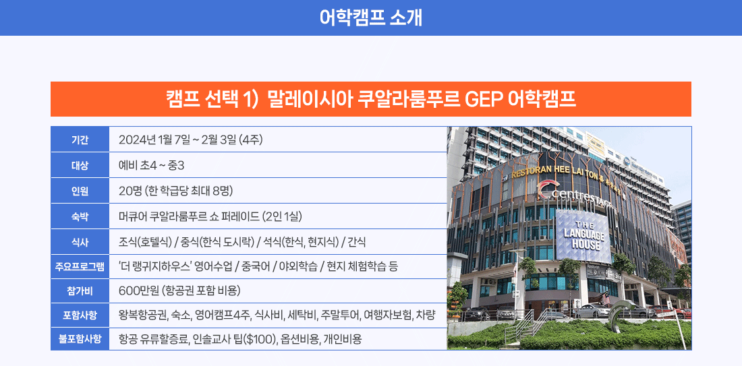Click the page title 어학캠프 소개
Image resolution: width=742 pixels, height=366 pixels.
pos(370,18)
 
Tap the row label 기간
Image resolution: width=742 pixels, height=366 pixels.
pos(80,140)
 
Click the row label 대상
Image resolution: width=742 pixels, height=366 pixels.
pos(80,165)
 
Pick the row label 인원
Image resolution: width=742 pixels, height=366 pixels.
pos(80,191)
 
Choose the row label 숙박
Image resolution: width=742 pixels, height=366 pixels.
pos(80,216)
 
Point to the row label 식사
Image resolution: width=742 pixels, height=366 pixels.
pos(80,242)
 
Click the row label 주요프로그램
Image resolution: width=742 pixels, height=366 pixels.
pos(80,267)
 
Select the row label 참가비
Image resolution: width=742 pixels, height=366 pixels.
pos(80,290)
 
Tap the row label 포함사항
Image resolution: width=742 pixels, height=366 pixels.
pos(80,315)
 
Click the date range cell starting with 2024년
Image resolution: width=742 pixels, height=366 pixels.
pos(191,140)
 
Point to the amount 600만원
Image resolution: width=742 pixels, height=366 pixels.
pos(139,290)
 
